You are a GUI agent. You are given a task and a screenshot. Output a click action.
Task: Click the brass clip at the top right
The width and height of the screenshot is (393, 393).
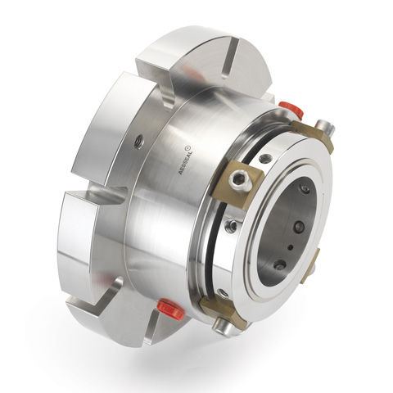pyautogui.click(x=314, y=135)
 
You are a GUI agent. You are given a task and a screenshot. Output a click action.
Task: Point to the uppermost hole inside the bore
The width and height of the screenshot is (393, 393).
pyautogui.click(x=304, y=189)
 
